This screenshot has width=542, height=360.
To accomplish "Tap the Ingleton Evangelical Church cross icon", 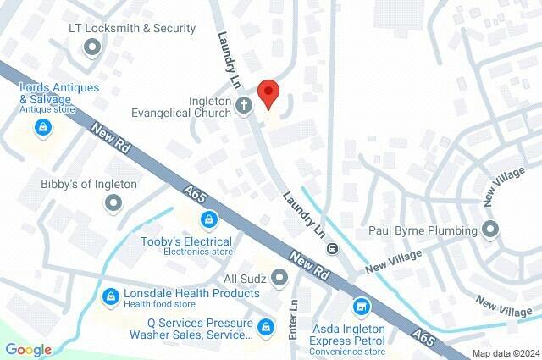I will (244, 107).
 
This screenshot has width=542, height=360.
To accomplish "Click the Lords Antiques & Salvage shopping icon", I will (41, 128).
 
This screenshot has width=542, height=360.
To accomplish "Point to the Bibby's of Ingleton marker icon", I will (112, 202).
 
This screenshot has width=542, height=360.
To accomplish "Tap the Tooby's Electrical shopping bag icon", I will (207, 221).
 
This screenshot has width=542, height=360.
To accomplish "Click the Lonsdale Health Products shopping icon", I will (110, 296).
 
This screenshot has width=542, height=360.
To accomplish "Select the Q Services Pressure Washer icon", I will (266, 327).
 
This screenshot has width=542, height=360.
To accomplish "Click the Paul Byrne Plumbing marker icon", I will (489, 229).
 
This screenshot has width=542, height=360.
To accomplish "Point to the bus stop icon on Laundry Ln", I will (333, 248).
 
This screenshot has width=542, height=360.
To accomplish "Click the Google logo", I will (28, 349).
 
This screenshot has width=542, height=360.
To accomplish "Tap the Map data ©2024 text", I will (506, 352).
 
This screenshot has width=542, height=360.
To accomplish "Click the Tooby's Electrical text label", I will (185, 241).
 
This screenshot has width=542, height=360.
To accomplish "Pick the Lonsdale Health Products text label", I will (191, 293).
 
